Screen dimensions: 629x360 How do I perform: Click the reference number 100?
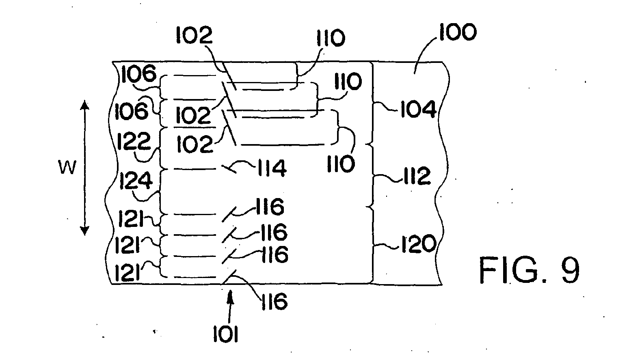click(x=458, y=32)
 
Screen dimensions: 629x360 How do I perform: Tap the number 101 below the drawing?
click(x=226, y=334)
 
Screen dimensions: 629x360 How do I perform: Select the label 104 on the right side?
click(x=418, y=109)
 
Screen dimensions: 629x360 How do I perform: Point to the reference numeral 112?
click(x=417, y=176)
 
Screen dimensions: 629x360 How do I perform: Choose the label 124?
click(x=136, y=181)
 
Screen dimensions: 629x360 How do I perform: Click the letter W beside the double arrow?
click(x=67, y=168)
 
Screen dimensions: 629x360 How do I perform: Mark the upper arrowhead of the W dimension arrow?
click(x=85, y=105)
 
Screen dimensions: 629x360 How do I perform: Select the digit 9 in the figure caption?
click(x=571, y=270)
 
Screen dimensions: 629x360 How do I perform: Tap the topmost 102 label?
click(x=195, y=35)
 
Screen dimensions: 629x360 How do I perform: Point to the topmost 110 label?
click(x=331, y=38)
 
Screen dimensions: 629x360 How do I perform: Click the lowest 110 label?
click(x=341, y=164)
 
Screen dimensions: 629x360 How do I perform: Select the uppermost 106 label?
click(x=139, y=73)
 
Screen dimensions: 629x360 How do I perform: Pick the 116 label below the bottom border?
click(x=275, y=301)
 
